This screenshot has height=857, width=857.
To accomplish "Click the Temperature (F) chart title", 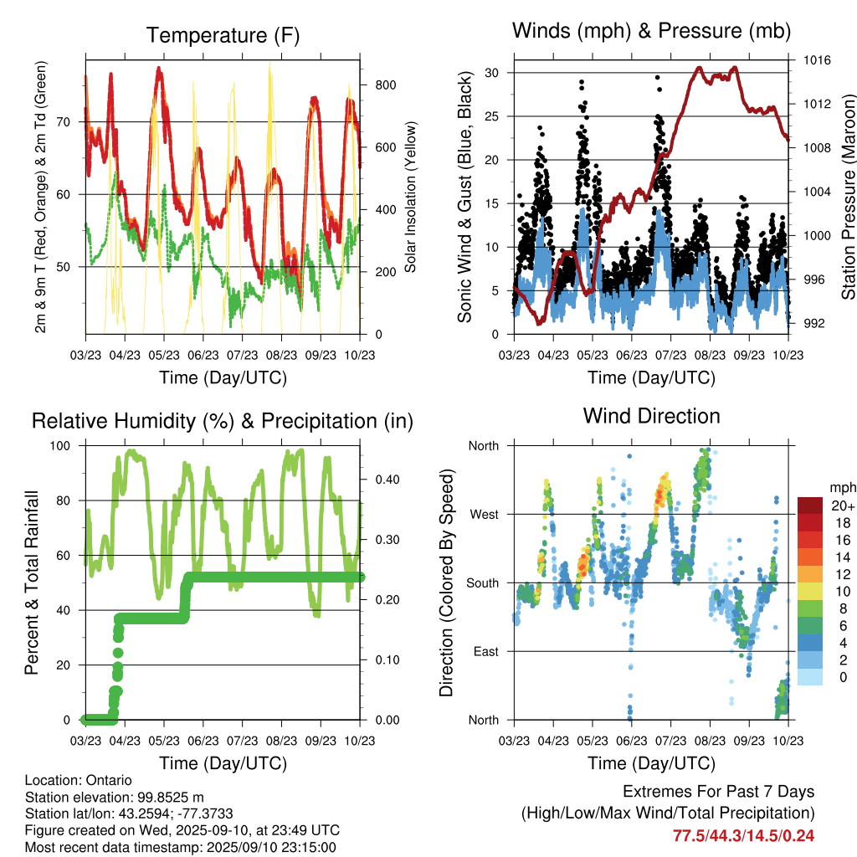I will [x=223, y=36].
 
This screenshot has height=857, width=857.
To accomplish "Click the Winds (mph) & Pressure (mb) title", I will [x=651, y=32].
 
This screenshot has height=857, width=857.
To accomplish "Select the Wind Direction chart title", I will [x=651, y=416].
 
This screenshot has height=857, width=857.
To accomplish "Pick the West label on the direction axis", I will [x=483, y=514].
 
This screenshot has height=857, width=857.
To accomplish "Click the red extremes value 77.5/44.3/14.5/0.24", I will [x=744, y=835].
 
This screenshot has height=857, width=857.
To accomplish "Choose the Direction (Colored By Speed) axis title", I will [x=447, y=582].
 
